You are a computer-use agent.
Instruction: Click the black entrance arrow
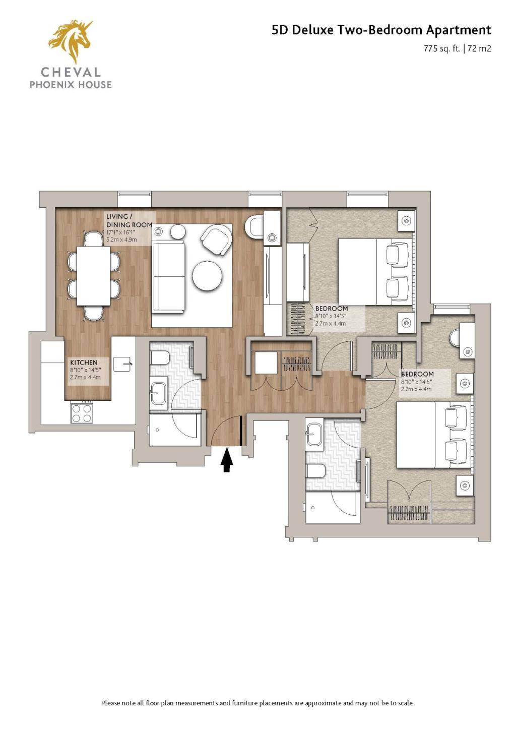[x=227, y=460]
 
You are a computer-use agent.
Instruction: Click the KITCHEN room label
[x=84, y=362]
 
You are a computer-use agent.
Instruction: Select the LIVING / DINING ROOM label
[x=129, y=221]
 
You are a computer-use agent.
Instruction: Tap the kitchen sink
[x=122, y=364]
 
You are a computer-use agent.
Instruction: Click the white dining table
[x=94, y=276]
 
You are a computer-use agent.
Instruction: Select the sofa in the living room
[x=168, y=276]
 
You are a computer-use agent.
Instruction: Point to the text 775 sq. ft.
[x=442, y=49]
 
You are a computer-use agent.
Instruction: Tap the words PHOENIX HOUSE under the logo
[x=71, y=85]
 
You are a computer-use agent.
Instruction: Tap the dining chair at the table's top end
[x=94, y=239]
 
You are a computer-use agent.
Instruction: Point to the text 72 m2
[x=479, y=49]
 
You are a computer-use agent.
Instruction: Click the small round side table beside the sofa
[x=178, y=232]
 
